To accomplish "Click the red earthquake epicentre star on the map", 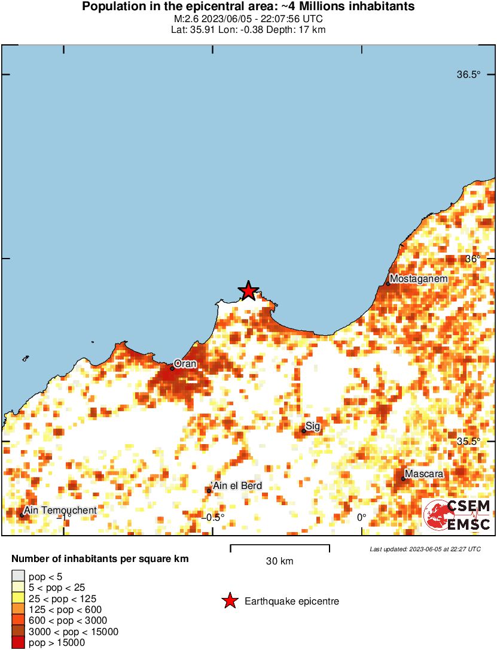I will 248,291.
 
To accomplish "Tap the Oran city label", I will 185,363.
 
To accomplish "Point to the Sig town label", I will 313,426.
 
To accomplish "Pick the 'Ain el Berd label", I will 237,486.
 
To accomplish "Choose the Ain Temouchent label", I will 60,510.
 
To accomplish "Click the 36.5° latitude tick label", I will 468,75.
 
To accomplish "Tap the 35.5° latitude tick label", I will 468,441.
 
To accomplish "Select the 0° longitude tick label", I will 361,518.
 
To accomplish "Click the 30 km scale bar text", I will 280,561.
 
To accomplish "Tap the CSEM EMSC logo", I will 457,515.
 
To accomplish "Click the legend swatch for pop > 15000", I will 18,642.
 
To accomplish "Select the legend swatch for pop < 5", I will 18,577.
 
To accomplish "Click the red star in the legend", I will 230,602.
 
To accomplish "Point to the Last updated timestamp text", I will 425,549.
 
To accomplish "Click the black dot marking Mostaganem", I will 388,284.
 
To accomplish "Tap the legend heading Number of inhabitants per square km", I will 100,559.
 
